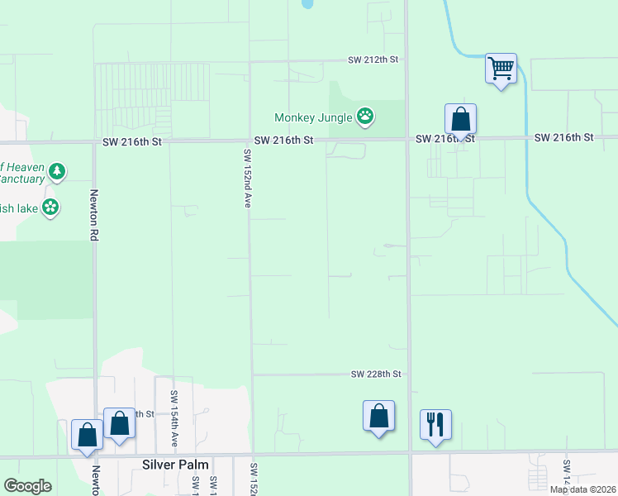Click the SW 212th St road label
tap(374, 60)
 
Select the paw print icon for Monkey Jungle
tap(365, 117)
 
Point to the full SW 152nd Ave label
tap(246, 178)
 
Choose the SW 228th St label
tap(376, 374)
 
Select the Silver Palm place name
tap(176, 465)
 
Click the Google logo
tap(27, 486)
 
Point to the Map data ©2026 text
tap(582, 489)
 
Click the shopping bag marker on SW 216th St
tap(460, 119)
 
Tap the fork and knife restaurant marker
tap(435, 425)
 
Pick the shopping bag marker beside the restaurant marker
tap(378, 416)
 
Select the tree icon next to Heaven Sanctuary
tap(56, 172)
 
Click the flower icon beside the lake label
tap(51, 207)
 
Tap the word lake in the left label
tap(27, 208)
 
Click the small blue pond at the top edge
tap(308, 3)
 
